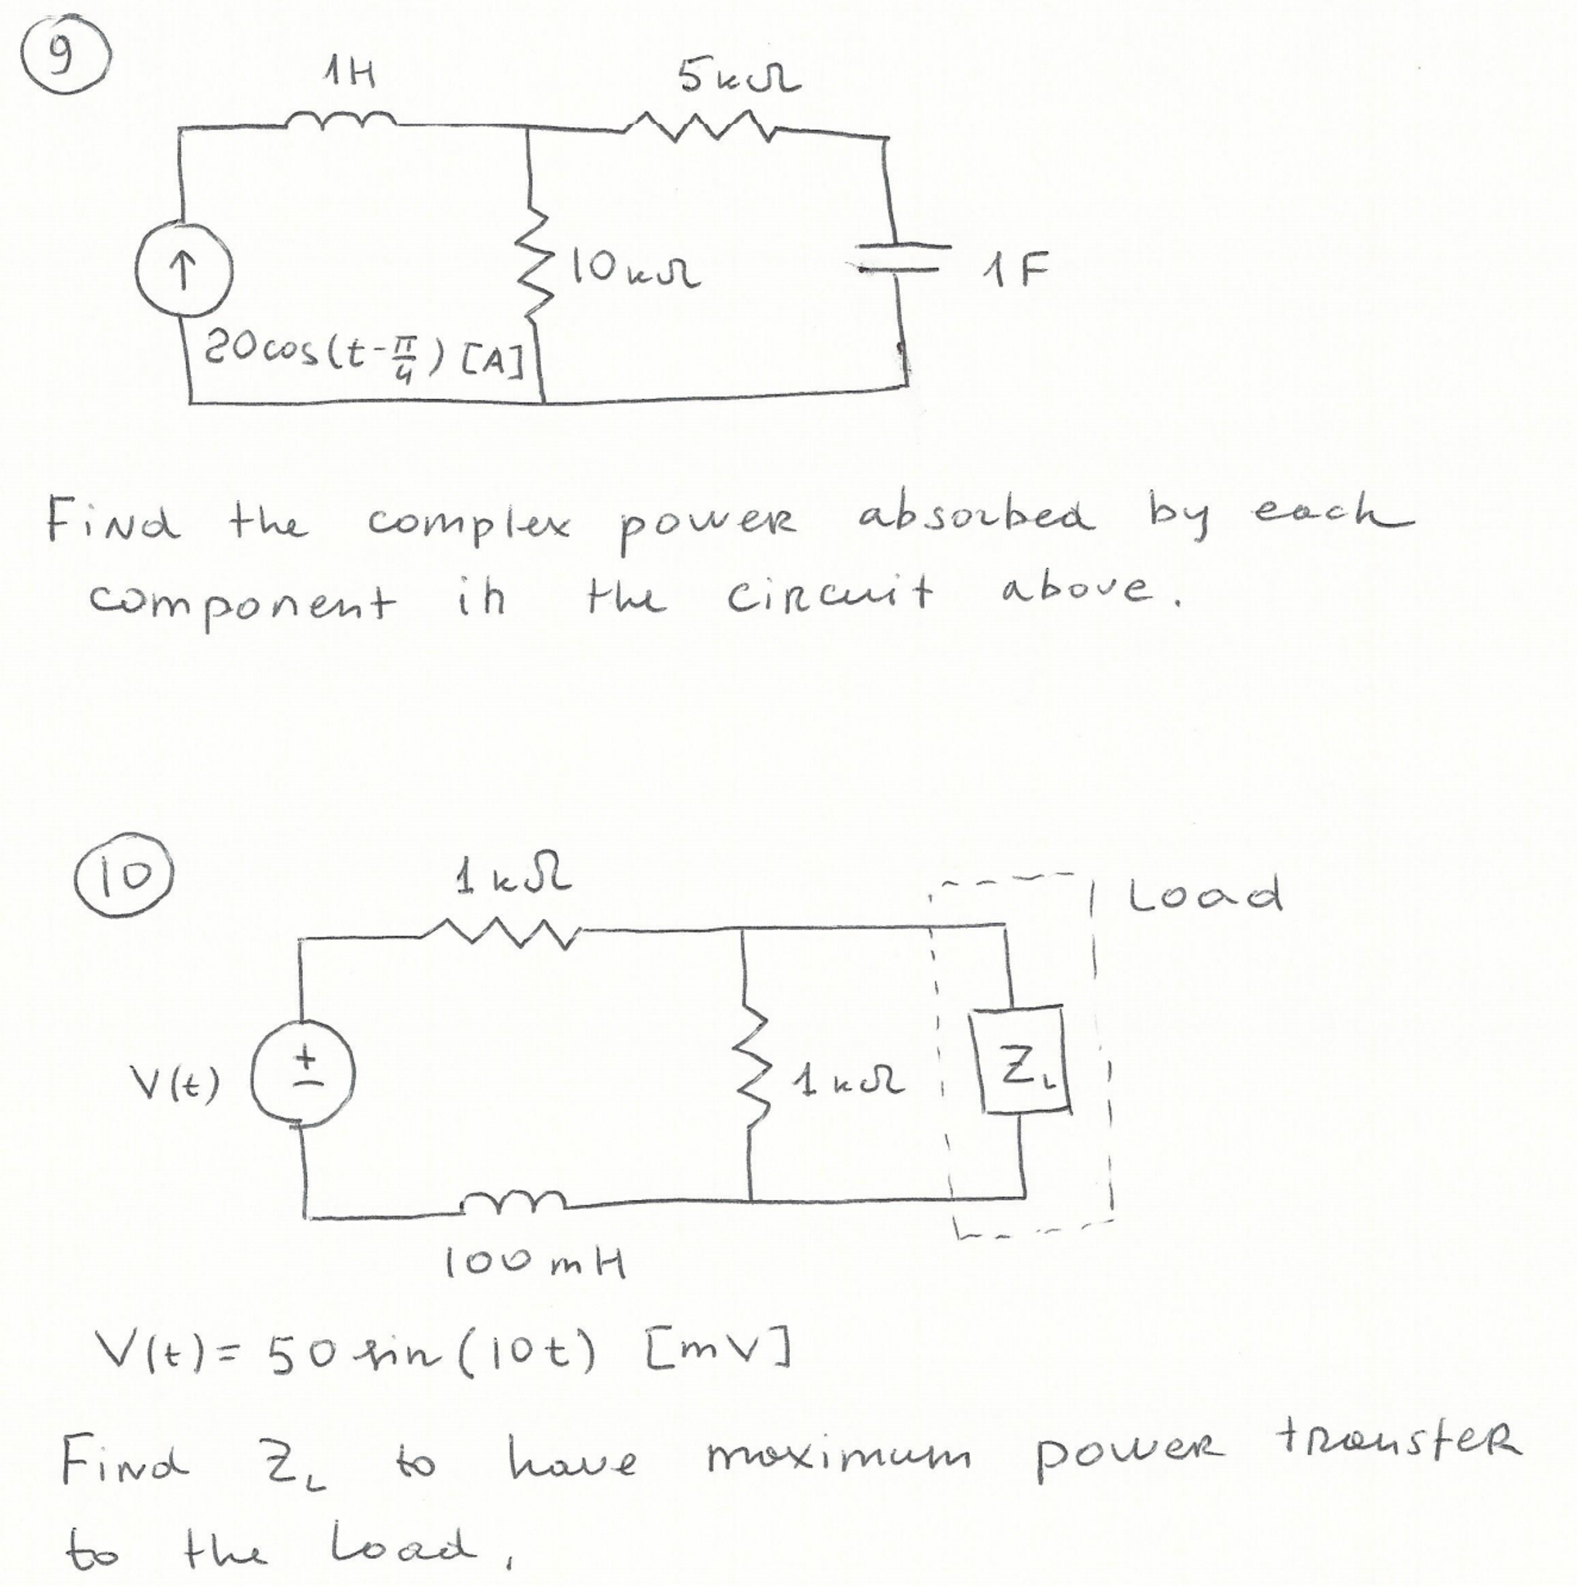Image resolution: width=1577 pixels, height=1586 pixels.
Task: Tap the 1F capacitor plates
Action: pyautogui.click(x=901, y=257)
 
